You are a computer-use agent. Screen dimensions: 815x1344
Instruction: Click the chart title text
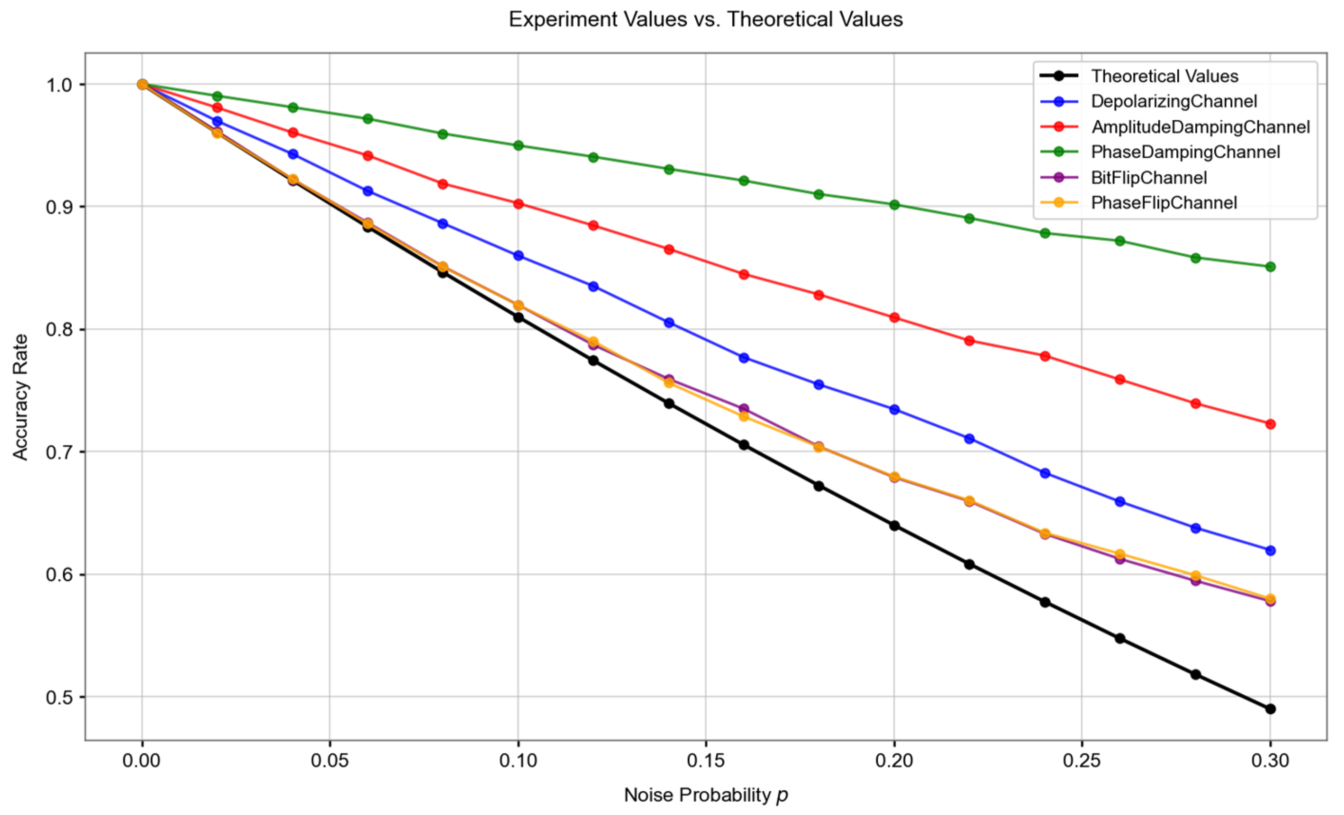pos(705,19)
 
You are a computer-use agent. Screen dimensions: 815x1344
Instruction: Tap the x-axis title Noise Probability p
pos(705,795)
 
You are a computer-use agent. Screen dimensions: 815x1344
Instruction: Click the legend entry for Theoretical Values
pos(1164,76)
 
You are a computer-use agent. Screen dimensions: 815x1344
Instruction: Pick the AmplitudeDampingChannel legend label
pos(1200,126)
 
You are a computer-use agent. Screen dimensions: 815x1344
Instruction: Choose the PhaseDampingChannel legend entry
pos(1185,152)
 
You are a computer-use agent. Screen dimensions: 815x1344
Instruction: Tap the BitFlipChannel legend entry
pos(1148,177)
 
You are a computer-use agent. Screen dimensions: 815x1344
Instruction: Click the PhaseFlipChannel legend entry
pos(1163,202)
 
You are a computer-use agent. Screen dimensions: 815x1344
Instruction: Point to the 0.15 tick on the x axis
pos(705,760)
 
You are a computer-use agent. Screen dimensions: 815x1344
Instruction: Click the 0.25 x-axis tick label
pos(1082,760)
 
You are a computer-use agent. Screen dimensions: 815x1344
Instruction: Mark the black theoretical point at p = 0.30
pos(1270,709)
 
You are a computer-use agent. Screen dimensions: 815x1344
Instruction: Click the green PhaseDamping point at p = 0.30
pos(1270,266)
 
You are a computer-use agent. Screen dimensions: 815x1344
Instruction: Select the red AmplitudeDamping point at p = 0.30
pos(1270,424)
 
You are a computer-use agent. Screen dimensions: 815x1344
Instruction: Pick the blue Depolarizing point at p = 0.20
pos(894,409)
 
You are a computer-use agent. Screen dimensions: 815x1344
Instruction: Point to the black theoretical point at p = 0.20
pos(894,525)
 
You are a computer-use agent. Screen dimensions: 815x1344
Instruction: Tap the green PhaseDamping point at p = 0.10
pos(518,145)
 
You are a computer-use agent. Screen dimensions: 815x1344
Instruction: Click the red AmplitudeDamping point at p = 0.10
pos(518,203)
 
